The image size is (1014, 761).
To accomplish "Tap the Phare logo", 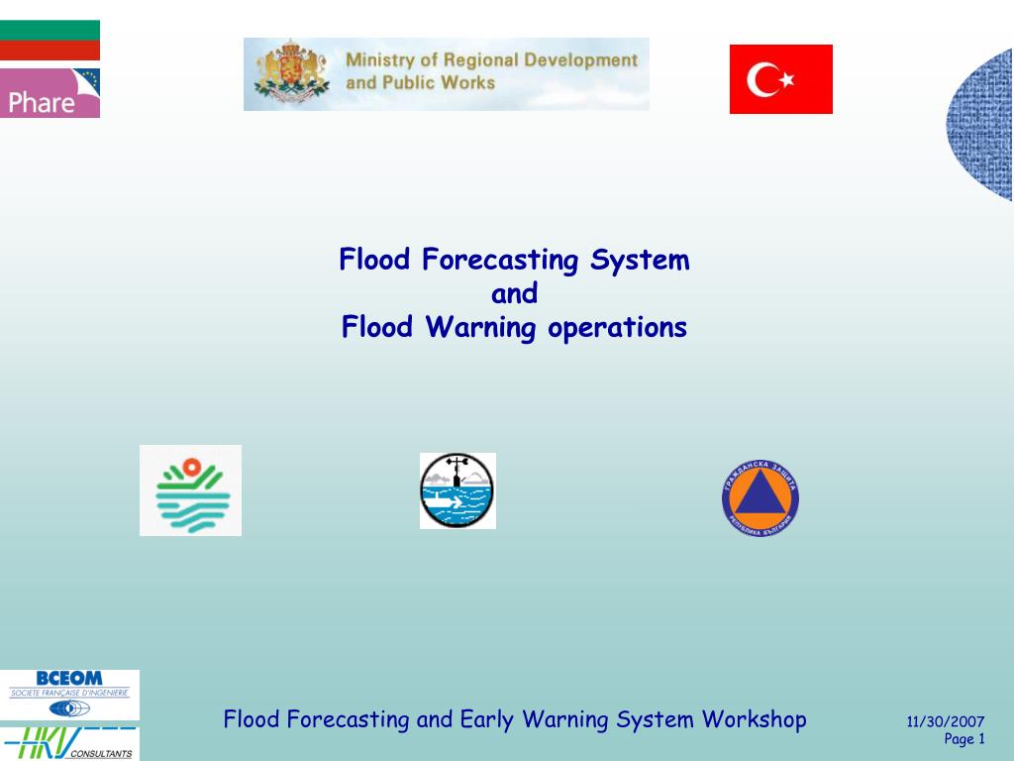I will (x=50, y=93).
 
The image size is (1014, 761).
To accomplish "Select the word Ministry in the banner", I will (x=381, y=60).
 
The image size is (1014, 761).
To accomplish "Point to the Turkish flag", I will (x=780, y=79).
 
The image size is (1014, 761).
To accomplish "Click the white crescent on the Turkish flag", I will (x=765, y=79).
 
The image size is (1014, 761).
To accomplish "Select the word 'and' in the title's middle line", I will (x=514, y=294).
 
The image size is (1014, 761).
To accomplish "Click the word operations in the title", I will (x=618, y=328).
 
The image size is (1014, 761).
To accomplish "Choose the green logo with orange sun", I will (x=190, y=490).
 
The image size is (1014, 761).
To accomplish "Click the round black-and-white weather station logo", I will (x=457, y=490).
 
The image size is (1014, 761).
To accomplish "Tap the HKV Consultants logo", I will (x=69, y=743).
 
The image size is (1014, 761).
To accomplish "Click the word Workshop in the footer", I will (x=755, y=718).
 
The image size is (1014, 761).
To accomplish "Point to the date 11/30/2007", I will (x=945, y=722).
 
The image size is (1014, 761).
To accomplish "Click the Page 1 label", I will (x=963, y=739).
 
